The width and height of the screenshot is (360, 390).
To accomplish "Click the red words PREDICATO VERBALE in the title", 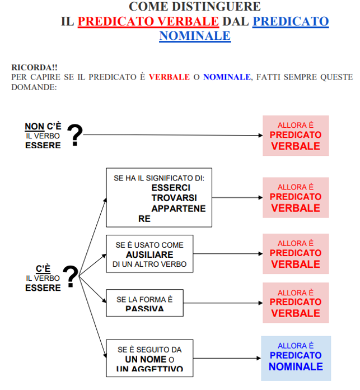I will tap(148, 22).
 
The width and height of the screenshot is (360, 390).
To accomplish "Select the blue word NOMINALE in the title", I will tap(194, 36).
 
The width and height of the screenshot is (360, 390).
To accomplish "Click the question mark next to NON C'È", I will tap(74, 135).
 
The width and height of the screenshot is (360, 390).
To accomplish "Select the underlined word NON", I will tap(34, 127).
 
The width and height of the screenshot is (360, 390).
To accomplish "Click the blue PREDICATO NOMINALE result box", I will tap(296, 358).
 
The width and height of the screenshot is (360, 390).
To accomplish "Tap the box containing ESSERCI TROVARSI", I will tap(159, 197).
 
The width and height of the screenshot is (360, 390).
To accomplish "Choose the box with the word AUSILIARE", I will tap(149, 254).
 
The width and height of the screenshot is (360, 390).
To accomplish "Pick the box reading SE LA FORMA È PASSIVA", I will tap(144, 303).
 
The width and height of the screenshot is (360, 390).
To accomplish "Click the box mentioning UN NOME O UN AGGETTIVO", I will tap(149, 358).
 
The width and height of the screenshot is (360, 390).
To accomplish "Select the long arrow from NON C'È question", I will tap(174, 135).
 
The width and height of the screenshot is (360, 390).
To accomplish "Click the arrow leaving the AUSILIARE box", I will tap(227, 254).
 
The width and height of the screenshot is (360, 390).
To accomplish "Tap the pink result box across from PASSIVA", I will tap(296, 303).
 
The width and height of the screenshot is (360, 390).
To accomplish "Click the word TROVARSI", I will tap(174, 198).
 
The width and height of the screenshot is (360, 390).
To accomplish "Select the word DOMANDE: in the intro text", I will tap(34, 87).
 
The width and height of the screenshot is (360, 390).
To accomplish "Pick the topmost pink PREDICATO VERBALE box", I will tap(296, 136).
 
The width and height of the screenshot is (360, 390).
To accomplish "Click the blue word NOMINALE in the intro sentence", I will tap(227, 77).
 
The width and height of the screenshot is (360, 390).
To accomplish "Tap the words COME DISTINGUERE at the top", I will tap(195, 7).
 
